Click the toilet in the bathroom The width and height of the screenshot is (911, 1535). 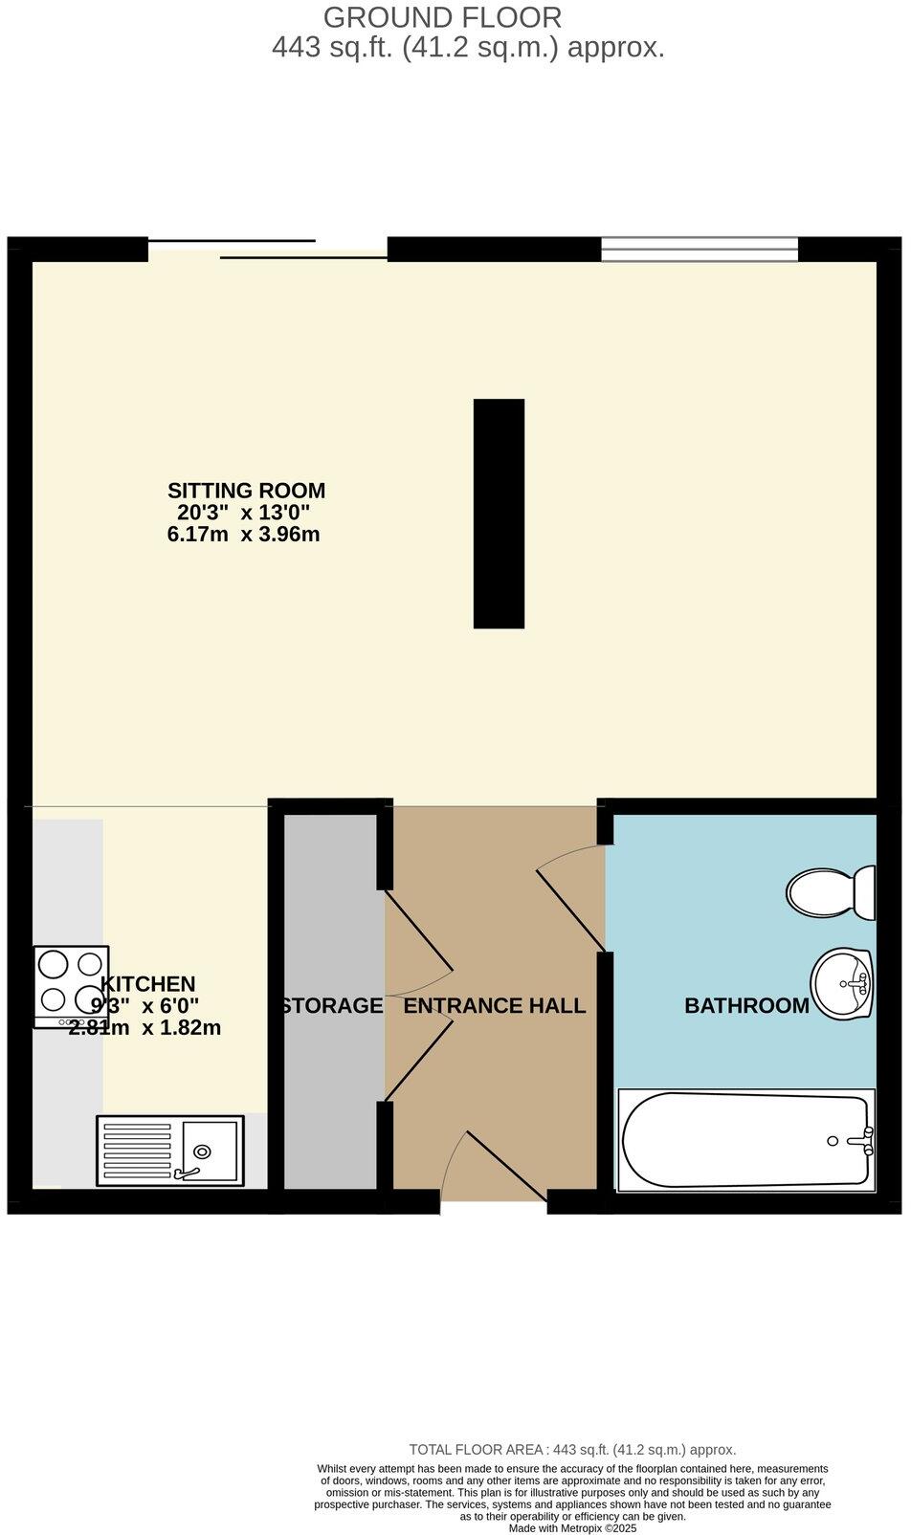click(x=830, y=892)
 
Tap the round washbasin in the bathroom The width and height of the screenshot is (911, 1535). click(x=841, y=983)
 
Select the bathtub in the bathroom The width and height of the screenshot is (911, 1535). click(x=746, y=1140)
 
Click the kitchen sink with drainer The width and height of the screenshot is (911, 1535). click(x=169, y=1150)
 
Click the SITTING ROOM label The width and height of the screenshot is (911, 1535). click(x=246, y=491)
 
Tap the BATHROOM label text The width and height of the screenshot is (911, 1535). click(x=746, y=1006)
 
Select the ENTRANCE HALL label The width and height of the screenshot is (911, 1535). click(x=494, y=1006)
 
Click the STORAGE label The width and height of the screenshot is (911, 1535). click(x=332, y=1006)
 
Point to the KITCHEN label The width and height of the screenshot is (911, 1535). click(x=147, y=984)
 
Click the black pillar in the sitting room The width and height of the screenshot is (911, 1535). click(x=499, y=514)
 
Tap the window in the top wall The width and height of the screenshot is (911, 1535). click(x=699, y=249)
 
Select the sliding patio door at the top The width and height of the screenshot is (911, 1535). click(x=268, y=249)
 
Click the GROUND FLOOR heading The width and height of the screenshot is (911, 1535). click(x=442, y=17)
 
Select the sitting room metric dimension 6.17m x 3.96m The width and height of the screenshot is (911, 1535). click(x=243, y=535)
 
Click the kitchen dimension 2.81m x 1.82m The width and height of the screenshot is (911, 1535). click(x=144, y=1029)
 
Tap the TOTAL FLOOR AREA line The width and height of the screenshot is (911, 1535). click(x=571, y=1450)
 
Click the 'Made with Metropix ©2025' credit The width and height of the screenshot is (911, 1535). click(x=571, y=1528)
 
